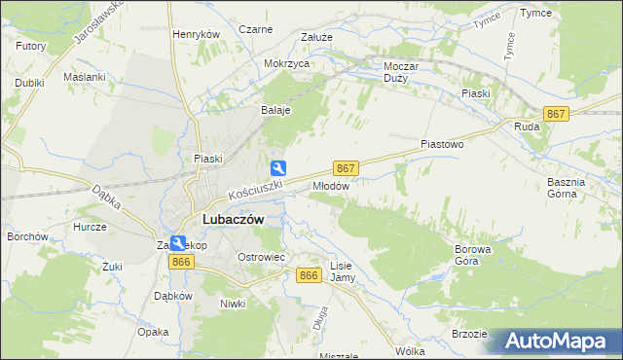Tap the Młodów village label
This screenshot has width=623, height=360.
[x=331, y=185]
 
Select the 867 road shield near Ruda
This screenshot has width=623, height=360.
[x=556, y=114]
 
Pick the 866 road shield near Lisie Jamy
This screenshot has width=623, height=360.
[x=310, y=276]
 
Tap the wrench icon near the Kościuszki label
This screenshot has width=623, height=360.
[x=278, y=167]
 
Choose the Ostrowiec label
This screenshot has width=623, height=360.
[x=261, y=257]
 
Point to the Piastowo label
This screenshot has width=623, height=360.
[x=442, y=144]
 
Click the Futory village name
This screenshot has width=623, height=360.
[x=31, y=46]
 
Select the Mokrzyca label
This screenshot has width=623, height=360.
[x=286, y=63]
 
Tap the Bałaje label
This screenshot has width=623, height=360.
[x=275, y=110]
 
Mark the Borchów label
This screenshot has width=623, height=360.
[x=28, y=236]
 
